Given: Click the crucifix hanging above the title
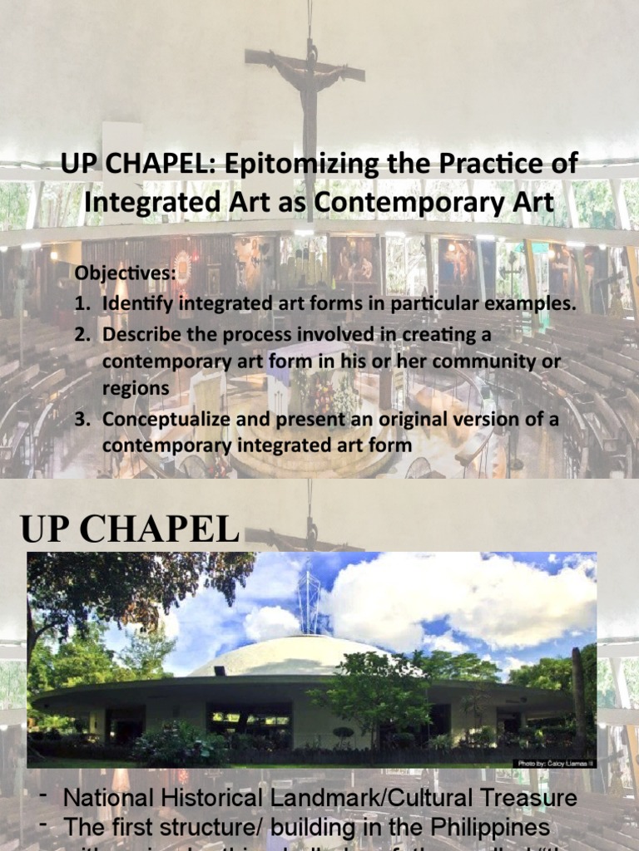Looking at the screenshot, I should [x=305, y=75].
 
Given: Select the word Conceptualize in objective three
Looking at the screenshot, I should [x=158, y=419].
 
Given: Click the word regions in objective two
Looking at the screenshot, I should [x=135, y=389].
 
